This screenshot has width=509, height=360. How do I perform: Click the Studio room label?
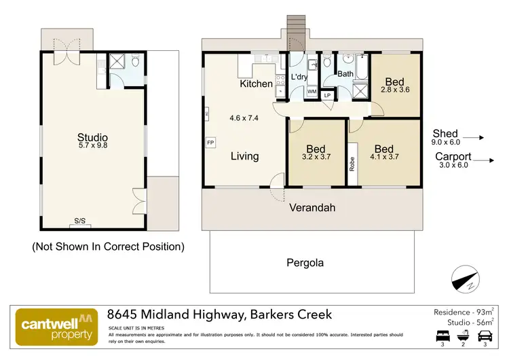(92, 138)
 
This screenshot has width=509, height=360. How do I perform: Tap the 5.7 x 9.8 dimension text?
(92, 146)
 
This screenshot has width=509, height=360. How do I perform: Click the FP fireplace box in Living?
(210, 143)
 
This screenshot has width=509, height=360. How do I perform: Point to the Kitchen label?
(257, 84)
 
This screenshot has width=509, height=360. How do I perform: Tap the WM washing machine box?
(312, 91)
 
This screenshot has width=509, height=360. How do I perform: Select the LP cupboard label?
(328, 95)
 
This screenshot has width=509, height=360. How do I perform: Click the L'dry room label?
(300, 78)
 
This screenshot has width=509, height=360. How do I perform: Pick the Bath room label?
(345, 74)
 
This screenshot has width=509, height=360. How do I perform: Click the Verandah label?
(313, 208)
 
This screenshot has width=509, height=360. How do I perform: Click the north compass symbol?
(466, 279)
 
